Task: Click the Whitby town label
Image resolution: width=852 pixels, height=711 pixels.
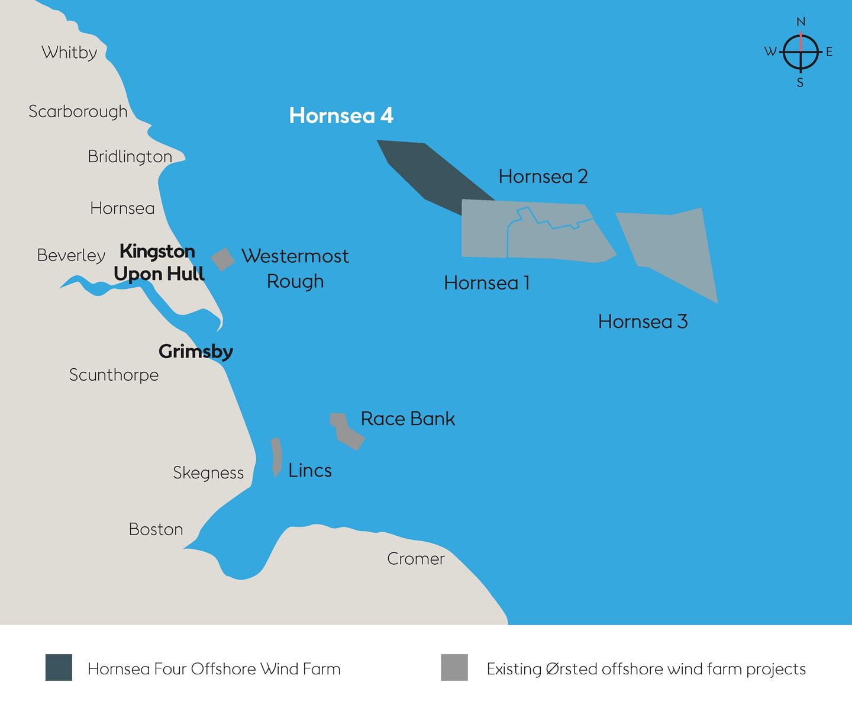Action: pos(69,53)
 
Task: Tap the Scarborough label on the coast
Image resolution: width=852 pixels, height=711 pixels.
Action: pos(78,111)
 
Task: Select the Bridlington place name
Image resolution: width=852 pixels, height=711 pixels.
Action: pos(130,156)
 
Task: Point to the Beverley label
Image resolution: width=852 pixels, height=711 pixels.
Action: pos(71,255)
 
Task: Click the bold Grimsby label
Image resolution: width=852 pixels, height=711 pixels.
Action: pos(195,351)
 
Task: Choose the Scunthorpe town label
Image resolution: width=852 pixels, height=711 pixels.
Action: pos(114,375)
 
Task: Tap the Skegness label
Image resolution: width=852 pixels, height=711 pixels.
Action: pos(208,472)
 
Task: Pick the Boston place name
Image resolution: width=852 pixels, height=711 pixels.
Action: pos(156,529)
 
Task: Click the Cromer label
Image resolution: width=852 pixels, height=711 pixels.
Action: pos(415,558)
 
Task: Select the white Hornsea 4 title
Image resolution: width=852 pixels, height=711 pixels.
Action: pos(341,115)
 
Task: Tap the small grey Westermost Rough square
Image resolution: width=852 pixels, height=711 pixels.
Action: pos(222,259)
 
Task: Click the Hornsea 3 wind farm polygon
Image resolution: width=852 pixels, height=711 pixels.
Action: pos(674,249)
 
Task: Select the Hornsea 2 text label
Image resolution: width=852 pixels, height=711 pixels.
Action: pos(543,176)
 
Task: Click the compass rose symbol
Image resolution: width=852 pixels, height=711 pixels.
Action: pos(801,52)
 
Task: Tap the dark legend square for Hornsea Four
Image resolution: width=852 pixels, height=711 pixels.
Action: pos(59,667)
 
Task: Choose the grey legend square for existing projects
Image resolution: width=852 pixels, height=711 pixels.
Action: pos(454,667)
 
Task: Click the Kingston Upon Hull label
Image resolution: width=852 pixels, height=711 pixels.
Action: pos(159,262)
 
